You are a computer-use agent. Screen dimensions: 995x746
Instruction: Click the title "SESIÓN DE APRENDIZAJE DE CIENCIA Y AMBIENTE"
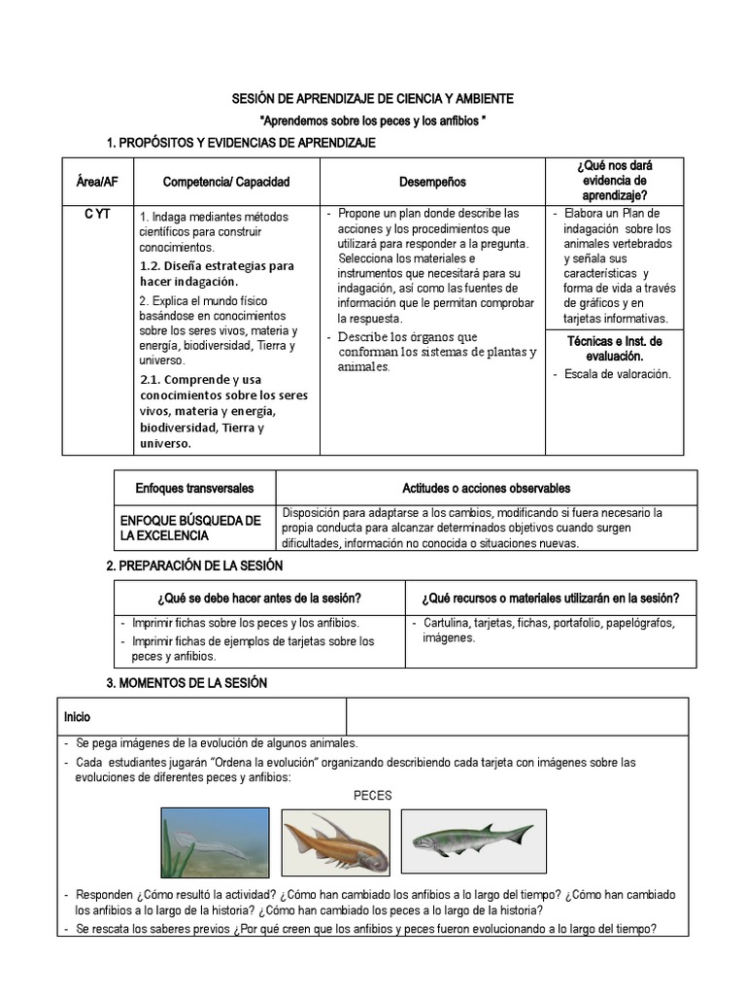372,99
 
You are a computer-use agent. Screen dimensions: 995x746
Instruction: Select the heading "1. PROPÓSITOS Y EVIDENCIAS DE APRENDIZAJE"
240,143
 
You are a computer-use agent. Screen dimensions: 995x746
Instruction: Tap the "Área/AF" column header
97,182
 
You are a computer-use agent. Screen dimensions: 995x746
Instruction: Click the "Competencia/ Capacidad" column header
226,182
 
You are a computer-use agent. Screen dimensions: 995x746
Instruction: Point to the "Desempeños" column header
432,182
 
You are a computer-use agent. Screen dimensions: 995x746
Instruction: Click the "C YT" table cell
97,215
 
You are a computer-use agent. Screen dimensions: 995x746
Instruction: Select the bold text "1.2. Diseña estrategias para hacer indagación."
216,273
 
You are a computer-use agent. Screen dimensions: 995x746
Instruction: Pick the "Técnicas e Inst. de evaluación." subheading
614,348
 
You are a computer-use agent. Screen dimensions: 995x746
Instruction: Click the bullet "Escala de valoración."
617,374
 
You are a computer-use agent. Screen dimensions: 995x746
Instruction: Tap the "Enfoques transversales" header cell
194,488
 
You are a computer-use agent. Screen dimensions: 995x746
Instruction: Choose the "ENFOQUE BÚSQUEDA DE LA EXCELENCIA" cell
190,528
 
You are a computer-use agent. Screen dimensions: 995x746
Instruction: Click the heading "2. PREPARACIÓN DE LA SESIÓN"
194,566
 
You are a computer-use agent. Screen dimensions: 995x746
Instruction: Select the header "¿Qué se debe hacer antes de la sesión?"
258,598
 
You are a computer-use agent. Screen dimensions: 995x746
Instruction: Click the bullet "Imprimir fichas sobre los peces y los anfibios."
246,623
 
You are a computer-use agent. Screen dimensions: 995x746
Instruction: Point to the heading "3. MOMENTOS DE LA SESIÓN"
186,683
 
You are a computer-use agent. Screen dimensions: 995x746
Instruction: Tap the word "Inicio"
78,717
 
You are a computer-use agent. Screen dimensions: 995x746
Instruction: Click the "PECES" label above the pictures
373,795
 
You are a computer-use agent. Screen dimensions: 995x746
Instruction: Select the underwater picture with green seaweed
217,841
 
